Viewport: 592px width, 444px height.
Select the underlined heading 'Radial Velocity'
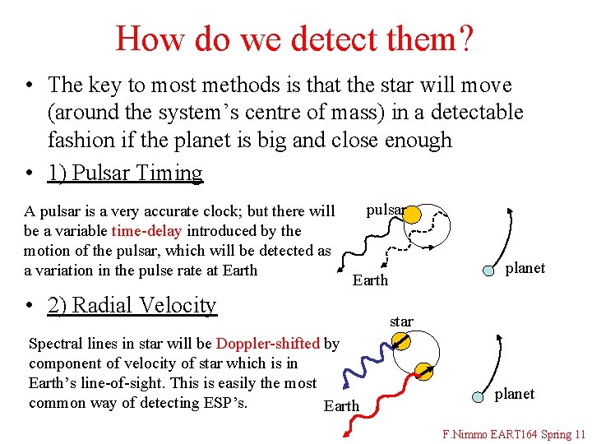(x=132, y=305)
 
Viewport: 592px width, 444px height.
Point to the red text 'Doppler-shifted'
(x=268, y=344)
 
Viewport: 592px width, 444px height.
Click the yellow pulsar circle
(x=413, y=215)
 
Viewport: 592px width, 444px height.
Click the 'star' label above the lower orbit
(x=401, y=321)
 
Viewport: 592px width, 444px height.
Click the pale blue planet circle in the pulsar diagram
(x=488, y=271)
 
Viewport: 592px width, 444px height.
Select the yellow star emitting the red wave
(x=423, y=371)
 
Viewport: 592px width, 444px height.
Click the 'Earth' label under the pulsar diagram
(x=370, y=280)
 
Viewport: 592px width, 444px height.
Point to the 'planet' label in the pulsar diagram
(x=525, y=268)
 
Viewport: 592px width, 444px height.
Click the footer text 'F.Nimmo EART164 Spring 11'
(x=514, y=433)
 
